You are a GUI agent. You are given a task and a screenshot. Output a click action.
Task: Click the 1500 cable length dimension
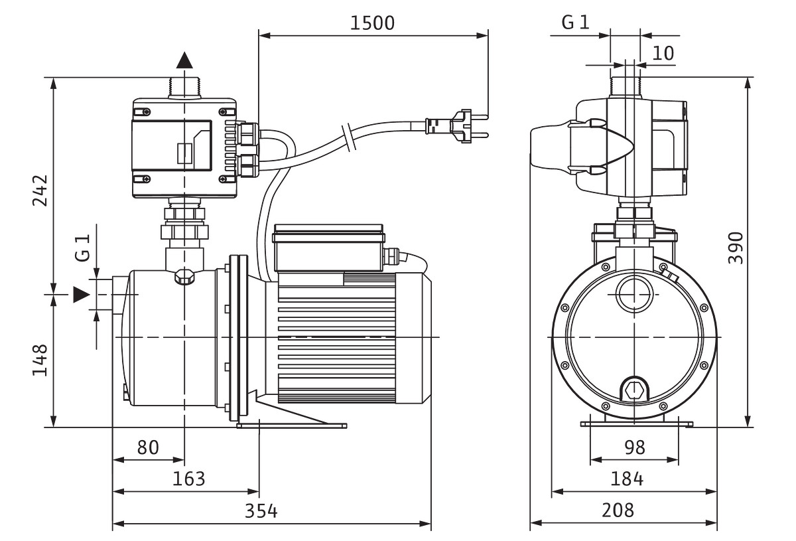372,23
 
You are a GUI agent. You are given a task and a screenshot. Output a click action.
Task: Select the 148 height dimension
39,360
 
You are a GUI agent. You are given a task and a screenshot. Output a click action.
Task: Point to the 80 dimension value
148,447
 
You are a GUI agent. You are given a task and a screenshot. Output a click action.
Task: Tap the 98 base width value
635,447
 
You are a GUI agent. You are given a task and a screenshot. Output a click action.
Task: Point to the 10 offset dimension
663,52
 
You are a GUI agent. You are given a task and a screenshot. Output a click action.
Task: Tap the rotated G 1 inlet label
82,247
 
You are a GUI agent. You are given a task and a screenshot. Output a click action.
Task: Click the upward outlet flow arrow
184,60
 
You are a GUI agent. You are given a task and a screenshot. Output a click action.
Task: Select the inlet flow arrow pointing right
81,294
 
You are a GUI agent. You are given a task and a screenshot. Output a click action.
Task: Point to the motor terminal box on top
329,248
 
